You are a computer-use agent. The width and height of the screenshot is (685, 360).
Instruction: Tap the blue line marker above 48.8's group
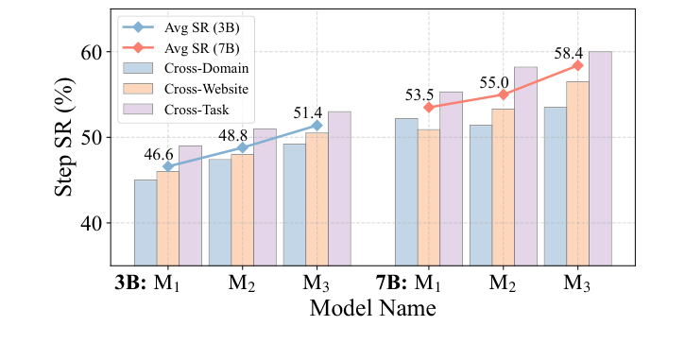[243, 147]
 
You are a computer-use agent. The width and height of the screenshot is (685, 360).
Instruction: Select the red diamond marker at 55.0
[504, 94]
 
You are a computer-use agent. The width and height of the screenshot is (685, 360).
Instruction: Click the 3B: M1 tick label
[154, 282]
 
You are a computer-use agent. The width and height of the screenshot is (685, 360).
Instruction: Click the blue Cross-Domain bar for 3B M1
[146, 222]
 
